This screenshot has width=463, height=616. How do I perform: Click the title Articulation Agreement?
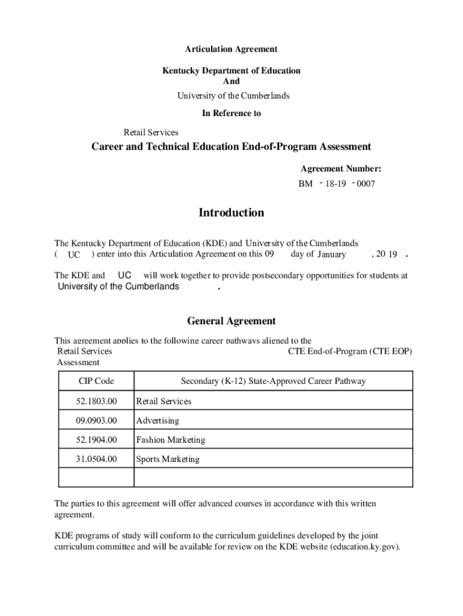pyautogui.click(x=231, y=49)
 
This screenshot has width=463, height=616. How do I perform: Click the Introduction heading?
pyautogui.click(x=231, y=213)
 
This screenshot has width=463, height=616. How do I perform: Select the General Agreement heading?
pyautogui.click(x=231, y=321)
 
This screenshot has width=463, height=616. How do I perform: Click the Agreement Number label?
pyautogui.click(x=340, y=170)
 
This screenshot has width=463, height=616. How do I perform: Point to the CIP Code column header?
pyautogui.click(x=96, y=381)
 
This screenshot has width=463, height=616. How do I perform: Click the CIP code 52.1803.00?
pyautogui.click(x=96, y=401)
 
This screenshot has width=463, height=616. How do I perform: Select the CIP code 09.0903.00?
pyautogui.click(x=96, y=420)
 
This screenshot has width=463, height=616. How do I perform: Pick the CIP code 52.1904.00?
pyautogui.click(x=96, y=440)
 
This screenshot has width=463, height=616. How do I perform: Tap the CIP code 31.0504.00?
pyautogui.click(x=96, y=459)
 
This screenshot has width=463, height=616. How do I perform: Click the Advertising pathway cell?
pyautogui.click(x=158, y=420)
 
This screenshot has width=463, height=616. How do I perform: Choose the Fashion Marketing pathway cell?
pyautogui.click(x=170, y=440)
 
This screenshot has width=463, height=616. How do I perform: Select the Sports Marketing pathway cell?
pyautogui.click(x=167, y=459)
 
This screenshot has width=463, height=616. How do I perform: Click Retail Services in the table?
pyautogui.click(x=164, y=401)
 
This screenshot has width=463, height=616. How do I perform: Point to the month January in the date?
pyautogui.click(x=331, y=254)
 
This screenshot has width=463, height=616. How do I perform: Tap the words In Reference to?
pyautogui.click(x=231, y=113)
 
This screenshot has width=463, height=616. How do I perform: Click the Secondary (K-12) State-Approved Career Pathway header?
pyautogui.click(x=273, y=381)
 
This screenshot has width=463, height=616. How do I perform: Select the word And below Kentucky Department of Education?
pyautogui.click(x=231, y=81)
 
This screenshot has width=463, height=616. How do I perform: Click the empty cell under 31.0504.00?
pyautogui.click(x=96, y=478)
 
